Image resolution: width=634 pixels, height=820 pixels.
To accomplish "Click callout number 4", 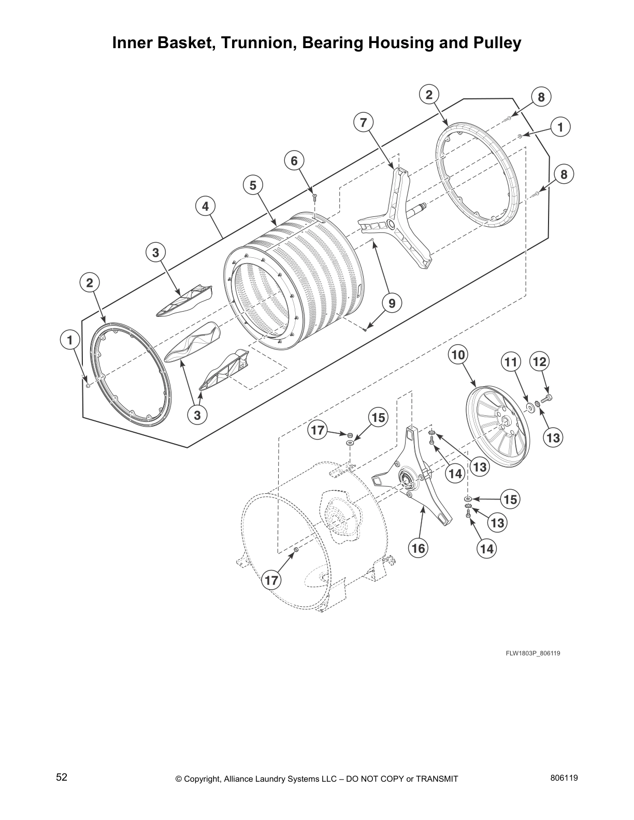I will pyautogui.click(x=206, y=206).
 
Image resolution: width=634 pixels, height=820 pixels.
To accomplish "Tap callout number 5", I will pyautogui.click(x=253, y=185).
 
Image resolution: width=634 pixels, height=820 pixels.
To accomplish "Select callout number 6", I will pyautogui.click(x=294, y=161).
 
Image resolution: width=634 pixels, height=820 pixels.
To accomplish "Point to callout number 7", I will pyautogui.click(x=363, y=123).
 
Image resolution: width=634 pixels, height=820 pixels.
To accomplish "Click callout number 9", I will pyautogui.click(x=392, y=303).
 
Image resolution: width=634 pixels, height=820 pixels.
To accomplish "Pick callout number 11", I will pyautogui.click(x=511, y=362).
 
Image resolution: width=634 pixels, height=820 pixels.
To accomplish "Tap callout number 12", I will pyautogui.click(x=540, y=361).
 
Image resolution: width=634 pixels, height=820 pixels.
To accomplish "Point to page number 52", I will pyautogui.click(x=62, y=777).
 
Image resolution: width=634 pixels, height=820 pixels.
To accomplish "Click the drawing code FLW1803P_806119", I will pyautogui.click(x=533, y=653).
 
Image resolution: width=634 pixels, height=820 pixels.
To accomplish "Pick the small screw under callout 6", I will pyautogui.click(x=314, y=195).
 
